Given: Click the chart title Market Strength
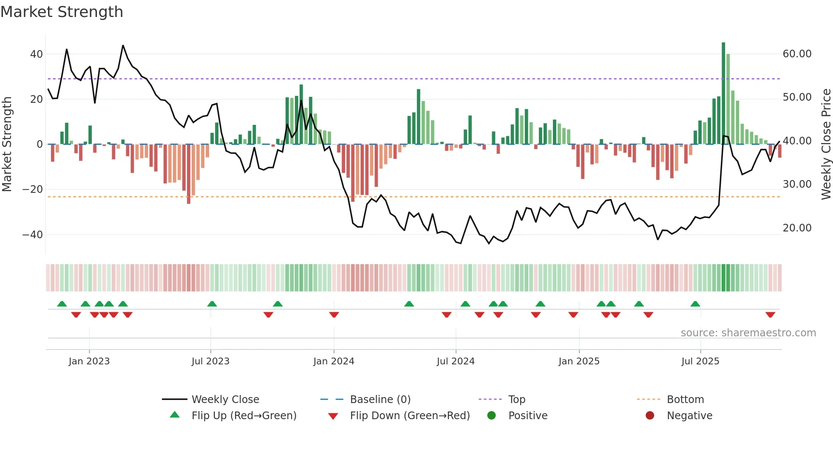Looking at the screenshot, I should (62, 12).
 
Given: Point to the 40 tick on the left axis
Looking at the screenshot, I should (37, 54).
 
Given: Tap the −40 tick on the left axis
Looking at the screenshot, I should (33, 235).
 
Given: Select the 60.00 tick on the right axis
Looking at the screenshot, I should (797, 54).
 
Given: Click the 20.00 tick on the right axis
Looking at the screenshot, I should (797, 228).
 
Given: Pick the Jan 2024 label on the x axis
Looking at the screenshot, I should (334, 361).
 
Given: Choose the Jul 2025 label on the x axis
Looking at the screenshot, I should (700, 361).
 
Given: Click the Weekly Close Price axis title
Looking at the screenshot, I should (826, 144).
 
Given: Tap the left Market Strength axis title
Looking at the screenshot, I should (7, 144).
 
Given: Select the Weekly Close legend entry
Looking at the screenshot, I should (225, 400).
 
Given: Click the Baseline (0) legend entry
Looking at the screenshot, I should (380, 400).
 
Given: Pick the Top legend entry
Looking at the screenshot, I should (516, 400).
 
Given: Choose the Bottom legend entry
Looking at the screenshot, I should (685, 400).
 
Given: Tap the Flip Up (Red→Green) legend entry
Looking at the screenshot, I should (244, 416).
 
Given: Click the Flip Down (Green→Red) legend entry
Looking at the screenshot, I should (409, 416).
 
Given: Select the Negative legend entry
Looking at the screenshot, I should (689, 416).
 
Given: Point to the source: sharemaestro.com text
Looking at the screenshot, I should (748, 333).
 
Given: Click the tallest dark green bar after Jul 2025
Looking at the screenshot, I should (723, 93).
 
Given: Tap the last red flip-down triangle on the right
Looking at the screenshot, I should (770, 315).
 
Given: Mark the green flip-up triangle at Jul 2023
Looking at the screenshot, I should (212, 304).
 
